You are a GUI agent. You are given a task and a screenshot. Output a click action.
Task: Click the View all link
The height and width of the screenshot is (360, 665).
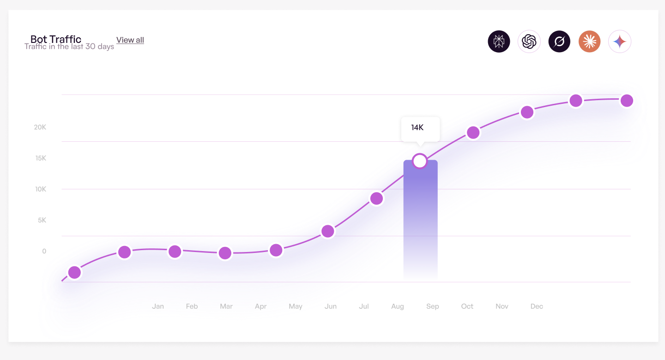[130, 40]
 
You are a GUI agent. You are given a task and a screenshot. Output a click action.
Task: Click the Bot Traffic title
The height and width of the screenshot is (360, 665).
[56, 39]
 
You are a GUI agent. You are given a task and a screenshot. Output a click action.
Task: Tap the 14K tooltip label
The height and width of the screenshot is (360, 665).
[417, 128]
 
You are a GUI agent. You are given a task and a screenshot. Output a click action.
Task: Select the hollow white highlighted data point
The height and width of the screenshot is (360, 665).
[420, 161]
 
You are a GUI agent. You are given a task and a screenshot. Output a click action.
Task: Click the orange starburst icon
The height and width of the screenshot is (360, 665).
[589, 42]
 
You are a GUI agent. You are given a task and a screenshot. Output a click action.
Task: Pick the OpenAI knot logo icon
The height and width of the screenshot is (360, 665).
[529, 42]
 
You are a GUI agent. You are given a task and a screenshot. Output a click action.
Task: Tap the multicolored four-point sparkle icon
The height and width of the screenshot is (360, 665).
[619, 42]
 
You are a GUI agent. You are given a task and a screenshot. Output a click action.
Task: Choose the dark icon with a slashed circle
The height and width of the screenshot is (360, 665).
[559, 42]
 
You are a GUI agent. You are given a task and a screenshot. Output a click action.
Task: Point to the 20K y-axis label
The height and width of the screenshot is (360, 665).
[40, 127]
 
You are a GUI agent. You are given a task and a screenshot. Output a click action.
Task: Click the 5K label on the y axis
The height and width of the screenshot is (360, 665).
[42, 220]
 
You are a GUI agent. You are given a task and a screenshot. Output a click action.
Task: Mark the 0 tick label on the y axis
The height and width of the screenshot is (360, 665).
[44, 251]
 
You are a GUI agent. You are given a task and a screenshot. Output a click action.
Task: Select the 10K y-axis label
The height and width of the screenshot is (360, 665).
[41, 189]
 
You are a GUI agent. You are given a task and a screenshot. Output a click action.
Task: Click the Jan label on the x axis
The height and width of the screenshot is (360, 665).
[158, 306]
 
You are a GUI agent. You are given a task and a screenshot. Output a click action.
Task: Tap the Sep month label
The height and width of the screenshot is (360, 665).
[433, 306]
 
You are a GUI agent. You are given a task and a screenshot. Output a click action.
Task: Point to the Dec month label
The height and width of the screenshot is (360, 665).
[537, 306]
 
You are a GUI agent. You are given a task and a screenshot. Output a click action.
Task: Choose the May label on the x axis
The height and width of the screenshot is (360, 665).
[296, 306]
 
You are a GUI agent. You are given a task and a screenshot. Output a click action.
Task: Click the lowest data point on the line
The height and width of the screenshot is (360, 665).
[74, 273]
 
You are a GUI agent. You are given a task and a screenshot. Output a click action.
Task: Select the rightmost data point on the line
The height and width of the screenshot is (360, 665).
[627, 101]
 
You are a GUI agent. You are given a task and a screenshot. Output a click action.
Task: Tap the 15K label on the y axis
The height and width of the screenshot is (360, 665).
[41, 158]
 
